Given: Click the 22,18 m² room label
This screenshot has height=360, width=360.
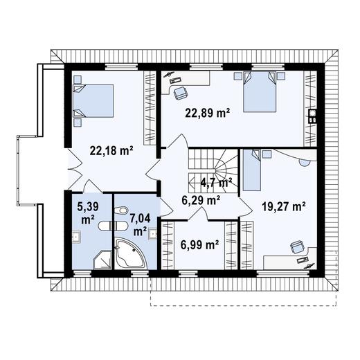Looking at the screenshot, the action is [x=111, y=151].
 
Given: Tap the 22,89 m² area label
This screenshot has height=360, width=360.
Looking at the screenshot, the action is [x=207, y=113].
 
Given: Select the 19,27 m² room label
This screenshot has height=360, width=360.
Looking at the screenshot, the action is [x=284, y=206].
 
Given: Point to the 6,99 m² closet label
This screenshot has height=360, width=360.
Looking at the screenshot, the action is [x=200, y=244].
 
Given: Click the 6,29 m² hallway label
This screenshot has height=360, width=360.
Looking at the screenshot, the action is [x=201, y=200].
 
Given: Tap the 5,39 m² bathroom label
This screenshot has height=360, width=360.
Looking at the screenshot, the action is [x=88, y=213].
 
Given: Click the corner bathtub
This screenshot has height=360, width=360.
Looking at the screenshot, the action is [x=130, y=254].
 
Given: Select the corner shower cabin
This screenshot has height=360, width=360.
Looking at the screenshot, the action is [x=102, y=260].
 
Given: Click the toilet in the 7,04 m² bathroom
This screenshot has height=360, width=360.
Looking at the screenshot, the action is [x=121, y=210].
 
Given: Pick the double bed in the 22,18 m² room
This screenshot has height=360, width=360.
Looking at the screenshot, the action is [x=93, y=101].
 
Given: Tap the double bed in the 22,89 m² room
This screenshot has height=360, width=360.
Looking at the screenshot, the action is [x=260, y=92].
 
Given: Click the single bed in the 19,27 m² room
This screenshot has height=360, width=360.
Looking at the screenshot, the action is [x=252, y=170].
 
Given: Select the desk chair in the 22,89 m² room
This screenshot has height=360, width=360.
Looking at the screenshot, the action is [x=180, y=93].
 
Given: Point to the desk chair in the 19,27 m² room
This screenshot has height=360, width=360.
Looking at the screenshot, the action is [x=298, y=247].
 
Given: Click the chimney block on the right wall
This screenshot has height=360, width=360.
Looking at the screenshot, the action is [x=313, y=116].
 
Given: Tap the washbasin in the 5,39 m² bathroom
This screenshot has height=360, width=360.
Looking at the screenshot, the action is [x=76, y=237].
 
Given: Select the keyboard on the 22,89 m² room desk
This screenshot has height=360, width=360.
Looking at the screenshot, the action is [x=176, y=80].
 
